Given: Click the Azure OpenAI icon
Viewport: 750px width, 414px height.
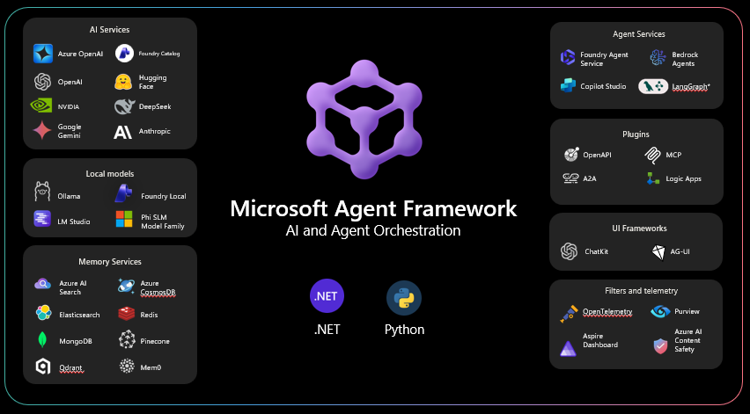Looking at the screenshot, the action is pos(43,54).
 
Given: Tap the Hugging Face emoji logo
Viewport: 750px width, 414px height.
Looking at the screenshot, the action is pos(123,82).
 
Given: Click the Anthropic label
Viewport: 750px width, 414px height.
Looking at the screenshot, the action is pos(155,132).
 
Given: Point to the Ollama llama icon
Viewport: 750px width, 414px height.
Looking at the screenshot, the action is pos(41,194).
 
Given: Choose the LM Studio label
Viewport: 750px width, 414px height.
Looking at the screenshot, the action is pos(74,222).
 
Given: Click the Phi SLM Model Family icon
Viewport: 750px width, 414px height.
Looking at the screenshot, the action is pos(124,220).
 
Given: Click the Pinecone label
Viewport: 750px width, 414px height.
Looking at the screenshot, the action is pos(155,340).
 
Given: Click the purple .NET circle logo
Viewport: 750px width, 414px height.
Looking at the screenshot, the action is pos(327,297).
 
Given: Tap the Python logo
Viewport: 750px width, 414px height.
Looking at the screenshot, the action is pos(404,297).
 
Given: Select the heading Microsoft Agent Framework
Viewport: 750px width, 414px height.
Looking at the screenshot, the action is pos(374,209).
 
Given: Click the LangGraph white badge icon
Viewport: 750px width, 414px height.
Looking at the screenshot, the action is pos(652,86).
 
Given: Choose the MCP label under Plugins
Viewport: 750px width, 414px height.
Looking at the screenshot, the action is pos(674,155).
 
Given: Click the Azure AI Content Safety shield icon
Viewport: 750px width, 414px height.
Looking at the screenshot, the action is pos(660,345).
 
